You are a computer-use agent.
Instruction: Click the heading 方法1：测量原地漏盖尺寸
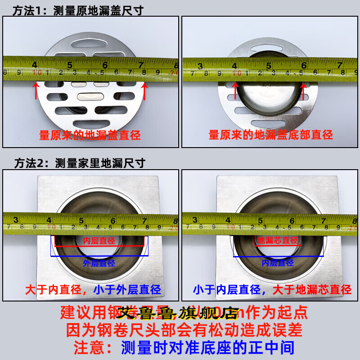coord(79,9)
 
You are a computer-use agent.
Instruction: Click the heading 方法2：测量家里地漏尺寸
coord(79,162)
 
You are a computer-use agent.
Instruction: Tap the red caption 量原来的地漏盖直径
coord(90,135)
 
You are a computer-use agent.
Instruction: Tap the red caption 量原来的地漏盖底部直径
coord(271,135)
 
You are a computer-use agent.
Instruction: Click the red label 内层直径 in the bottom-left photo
coord(99,240)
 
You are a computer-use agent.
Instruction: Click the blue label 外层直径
coord(99,263)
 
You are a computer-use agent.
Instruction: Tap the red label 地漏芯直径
coord(278,240)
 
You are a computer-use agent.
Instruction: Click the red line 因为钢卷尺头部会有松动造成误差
coord(180,330)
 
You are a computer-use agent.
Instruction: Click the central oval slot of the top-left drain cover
coord(90,95)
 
